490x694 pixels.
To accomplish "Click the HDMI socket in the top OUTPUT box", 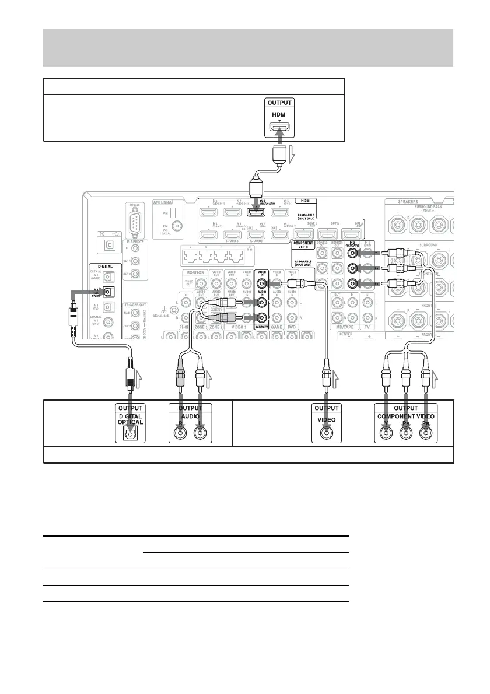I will [x=279, y=128].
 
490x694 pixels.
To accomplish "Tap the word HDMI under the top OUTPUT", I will [x=279, y=115].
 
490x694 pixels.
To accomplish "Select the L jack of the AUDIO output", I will [x=200, y=433].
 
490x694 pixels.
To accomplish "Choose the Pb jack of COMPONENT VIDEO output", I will [x=407, y=433].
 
